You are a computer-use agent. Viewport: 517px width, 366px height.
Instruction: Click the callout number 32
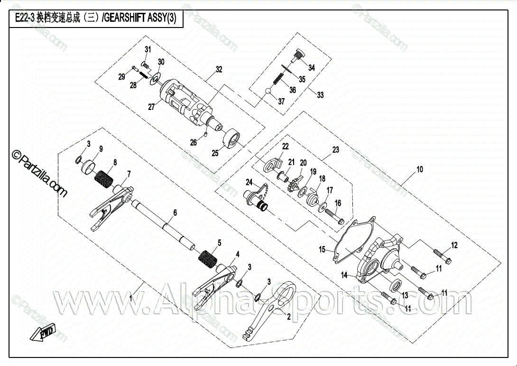click(218, 69)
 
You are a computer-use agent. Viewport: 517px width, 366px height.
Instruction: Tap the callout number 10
click(419, 169)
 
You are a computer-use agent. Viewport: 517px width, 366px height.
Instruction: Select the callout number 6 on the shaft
click(175, 213)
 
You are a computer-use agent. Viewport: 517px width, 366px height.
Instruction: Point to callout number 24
click(249, 182)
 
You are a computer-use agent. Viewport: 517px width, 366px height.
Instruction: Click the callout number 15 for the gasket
click(322, 249)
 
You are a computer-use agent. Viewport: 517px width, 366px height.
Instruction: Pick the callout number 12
click(454, 245)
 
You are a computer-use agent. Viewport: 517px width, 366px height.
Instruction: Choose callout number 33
click(321, 95)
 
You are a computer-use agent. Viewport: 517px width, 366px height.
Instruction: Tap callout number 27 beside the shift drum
click(151, 107)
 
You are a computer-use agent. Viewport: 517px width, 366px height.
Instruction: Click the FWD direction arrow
click(43, 334)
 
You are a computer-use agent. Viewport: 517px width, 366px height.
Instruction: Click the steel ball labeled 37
click(268, 92)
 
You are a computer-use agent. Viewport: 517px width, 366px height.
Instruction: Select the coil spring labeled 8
click(105, 180)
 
